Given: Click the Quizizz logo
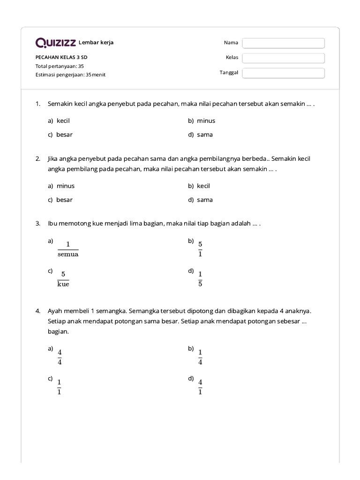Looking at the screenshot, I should click(56, 43).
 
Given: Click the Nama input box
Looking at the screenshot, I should click(283, 43).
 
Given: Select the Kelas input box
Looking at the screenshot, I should click(283, 58).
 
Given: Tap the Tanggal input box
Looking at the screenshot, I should click(283, 73).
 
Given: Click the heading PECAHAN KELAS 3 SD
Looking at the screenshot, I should click(61, 57).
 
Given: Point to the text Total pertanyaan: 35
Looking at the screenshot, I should click(60, 66).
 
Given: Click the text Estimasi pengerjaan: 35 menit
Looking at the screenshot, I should click(70, 75).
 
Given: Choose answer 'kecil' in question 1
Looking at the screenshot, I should click(63, 120).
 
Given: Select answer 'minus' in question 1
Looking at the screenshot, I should click(206, 120).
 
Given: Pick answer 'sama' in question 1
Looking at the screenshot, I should click(205, 135).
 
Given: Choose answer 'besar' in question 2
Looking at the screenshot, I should click(64, 200).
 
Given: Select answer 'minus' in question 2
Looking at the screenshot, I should click(65, 186).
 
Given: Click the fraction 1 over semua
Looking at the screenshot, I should click(68, 249).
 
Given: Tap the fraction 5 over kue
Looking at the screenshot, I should click(63, 279).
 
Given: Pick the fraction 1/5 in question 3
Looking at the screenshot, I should click(200, 279).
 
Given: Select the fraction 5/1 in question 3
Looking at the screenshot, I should click(200, 249).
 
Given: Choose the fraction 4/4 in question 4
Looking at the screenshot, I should click(60, 357).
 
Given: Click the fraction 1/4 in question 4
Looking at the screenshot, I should click(200, 357).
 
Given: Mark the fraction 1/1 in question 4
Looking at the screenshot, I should click(60, 387).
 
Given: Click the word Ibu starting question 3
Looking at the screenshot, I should click(52, 224).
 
